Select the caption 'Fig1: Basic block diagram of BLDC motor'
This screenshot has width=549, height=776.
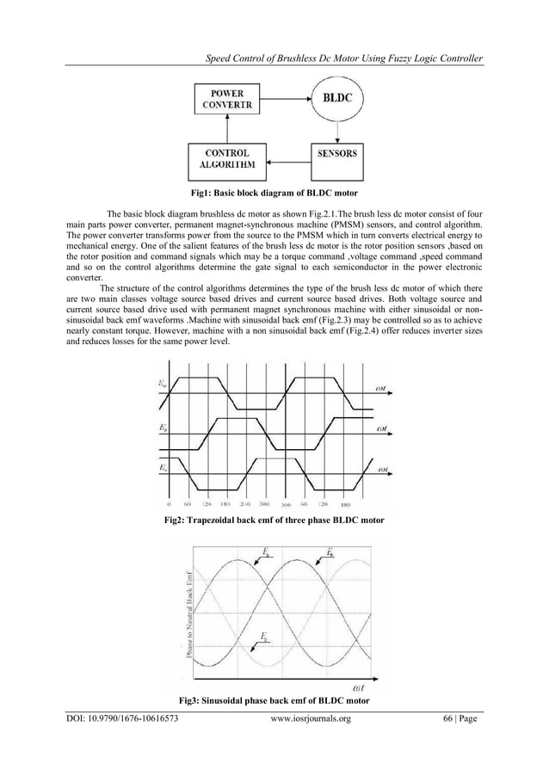pos(274,194)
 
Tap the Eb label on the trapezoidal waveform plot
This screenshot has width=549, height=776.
pos(163,427)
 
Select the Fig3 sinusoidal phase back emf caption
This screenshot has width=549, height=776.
pos(274,700)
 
